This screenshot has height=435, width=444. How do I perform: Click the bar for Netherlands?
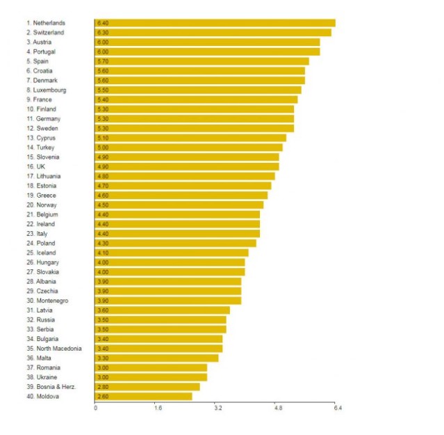[x=215, y=23]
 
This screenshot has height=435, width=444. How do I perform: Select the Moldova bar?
[x=143, y=396]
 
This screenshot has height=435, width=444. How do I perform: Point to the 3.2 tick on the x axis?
[x=218, y=408]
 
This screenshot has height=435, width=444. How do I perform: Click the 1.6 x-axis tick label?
[x=158, y=408]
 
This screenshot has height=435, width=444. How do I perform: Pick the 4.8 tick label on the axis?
[x=278, y=408]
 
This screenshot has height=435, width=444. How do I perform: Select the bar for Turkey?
[x=188, y=148]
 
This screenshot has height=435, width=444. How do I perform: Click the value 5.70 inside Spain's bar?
[x=103, y=61]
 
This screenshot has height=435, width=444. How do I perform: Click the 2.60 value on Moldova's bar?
[x=103, y=396]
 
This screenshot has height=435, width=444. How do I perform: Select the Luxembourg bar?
[x=198, y=90]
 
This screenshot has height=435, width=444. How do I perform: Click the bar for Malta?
[x=156, y=358]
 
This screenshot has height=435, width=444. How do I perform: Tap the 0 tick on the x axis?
[x=95, y=408]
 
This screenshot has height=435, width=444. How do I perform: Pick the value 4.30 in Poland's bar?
[x=103, y=243]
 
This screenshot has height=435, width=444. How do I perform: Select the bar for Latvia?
[x=162, y=310]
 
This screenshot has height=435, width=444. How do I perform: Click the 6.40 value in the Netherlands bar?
[x=103, y=23]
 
